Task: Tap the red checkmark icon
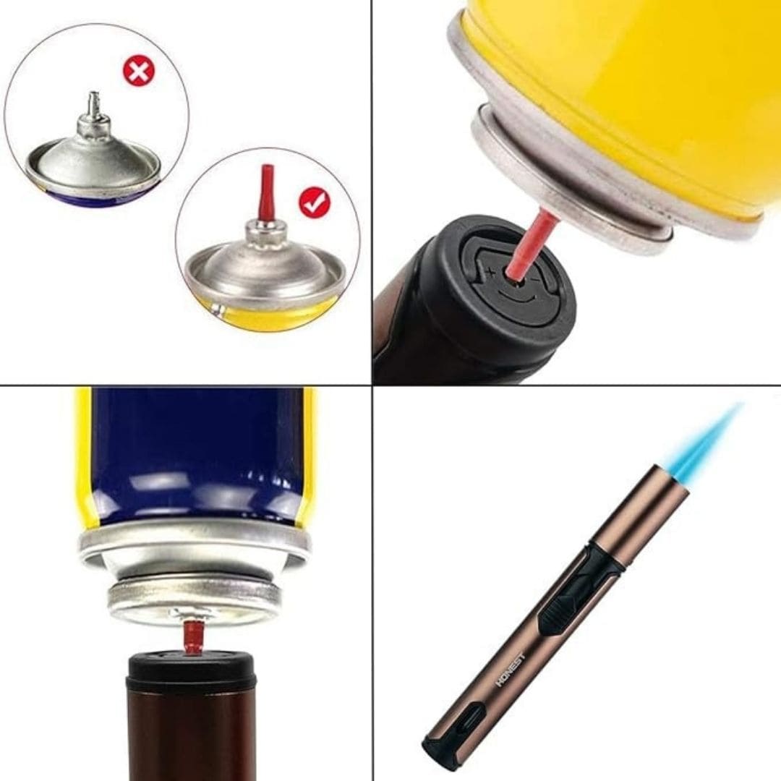pyautogui.click(x=314, y=203)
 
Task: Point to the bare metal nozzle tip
pyautogui.click(x=93, y=103)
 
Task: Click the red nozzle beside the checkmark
pyautogui.click(x=268, y=192)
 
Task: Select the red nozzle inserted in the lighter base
pyautogui.click(x=530, y=243)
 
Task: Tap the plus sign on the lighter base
pyautogui.click(x=490, y=273)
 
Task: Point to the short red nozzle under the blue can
pyautogui.click(x=192, y=637)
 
